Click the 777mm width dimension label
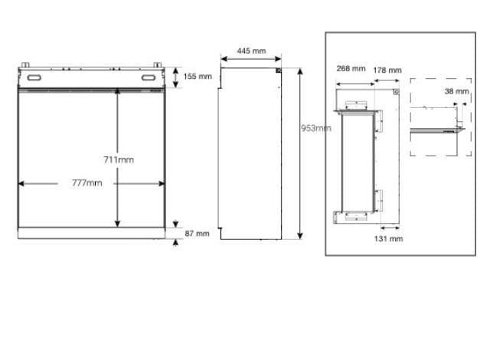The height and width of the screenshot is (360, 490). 87,183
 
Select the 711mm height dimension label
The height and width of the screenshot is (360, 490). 119,159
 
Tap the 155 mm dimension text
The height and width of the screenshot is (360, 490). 198,77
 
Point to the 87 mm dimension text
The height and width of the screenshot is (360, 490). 198,234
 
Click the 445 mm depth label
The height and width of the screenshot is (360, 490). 251,51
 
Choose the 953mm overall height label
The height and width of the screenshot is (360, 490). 315,128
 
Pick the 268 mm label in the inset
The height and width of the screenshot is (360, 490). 351,68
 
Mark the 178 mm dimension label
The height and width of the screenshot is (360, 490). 387,70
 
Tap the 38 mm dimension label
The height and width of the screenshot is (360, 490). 457,91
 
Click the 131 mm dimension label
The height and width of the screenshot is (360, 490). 388,239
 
